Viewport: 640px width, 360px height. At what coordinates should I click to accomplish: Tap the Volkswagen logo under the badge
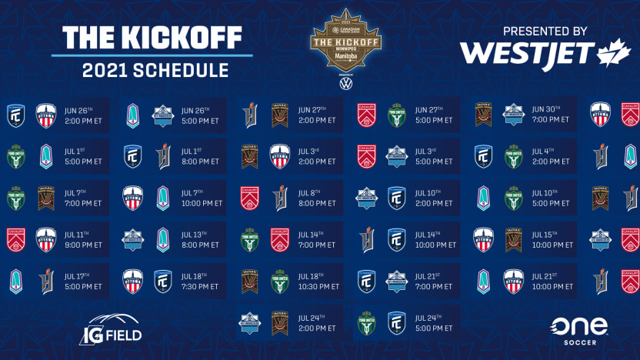click(x=345, y=82)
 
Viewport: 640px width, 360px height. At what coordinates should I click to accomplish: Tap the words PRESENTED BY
click(x=546, y=32)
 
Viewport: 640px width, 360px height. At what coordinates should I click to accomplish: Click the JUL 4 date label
click(x=538, y=151)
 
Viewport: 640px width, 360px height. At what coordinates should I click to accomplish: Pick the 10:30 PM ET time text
click(x=318, y=286)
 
